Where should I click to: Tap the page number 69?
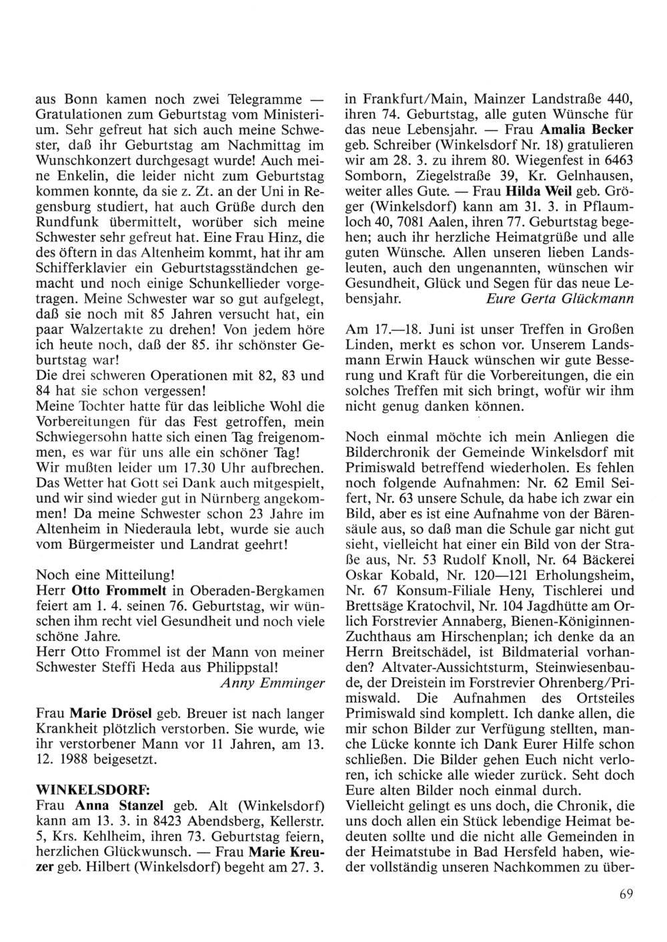pyautogui.click(x=625, y=894)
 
